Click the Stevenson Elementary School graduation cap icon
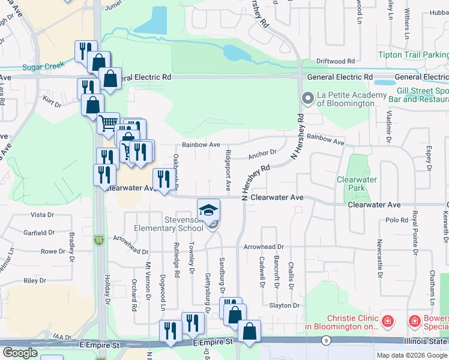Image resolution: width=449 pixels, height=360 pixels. coord(208,209)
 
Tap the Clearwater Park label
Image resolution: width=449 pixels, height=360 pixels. coord(357,184)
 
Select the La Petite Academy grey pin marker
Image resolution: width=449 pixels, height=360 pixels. coord(309,98)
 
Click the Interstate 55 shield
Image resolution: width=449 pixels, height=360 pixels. coord(98,240)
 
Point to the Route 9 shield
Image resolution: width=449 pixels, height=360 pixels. coord(325,341)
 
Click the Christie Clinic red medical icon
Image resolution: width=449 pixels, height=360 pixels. coord(388,322)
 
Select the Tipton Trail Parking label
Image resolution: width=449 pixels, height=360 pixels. coord(413,55)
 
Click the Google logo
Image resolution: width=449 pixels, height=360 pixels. coord(20,353)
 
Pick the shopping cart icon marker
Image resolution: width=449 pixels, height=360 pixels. coord(108,124)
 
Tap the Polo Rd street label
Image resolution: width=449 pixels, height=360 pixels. coord(397,220)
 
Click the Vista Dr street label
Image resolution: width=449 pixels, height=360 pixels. coord(42,215)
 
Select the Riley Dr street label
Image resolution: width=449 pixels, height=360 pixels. coord(35,281)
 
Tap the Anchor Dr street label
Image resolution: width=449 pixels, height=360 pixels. coord(262,154)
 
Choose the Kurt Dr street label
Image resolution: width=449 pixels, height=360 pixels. coord(52,104)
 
